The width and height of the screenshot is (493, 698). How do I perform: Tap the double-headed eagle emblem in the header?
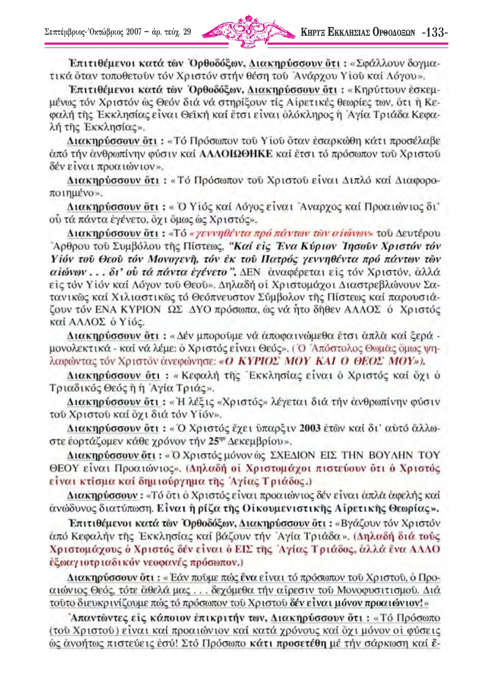tap(247, 32)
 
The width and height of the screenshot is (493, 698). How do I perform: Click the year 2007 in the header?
tap(134, 33)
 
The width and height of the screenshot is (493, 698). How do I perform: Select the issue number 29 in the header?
tap(187, 33)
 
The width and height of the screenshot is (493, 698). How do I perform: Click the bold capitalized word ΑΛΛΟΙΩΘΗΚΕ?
tap(236, 154)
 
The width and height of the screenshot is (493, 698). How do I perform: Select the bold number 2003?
tap(309, 428)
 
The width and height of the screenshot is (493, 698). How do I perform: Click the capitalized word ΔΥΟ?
tap(199, 309)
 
